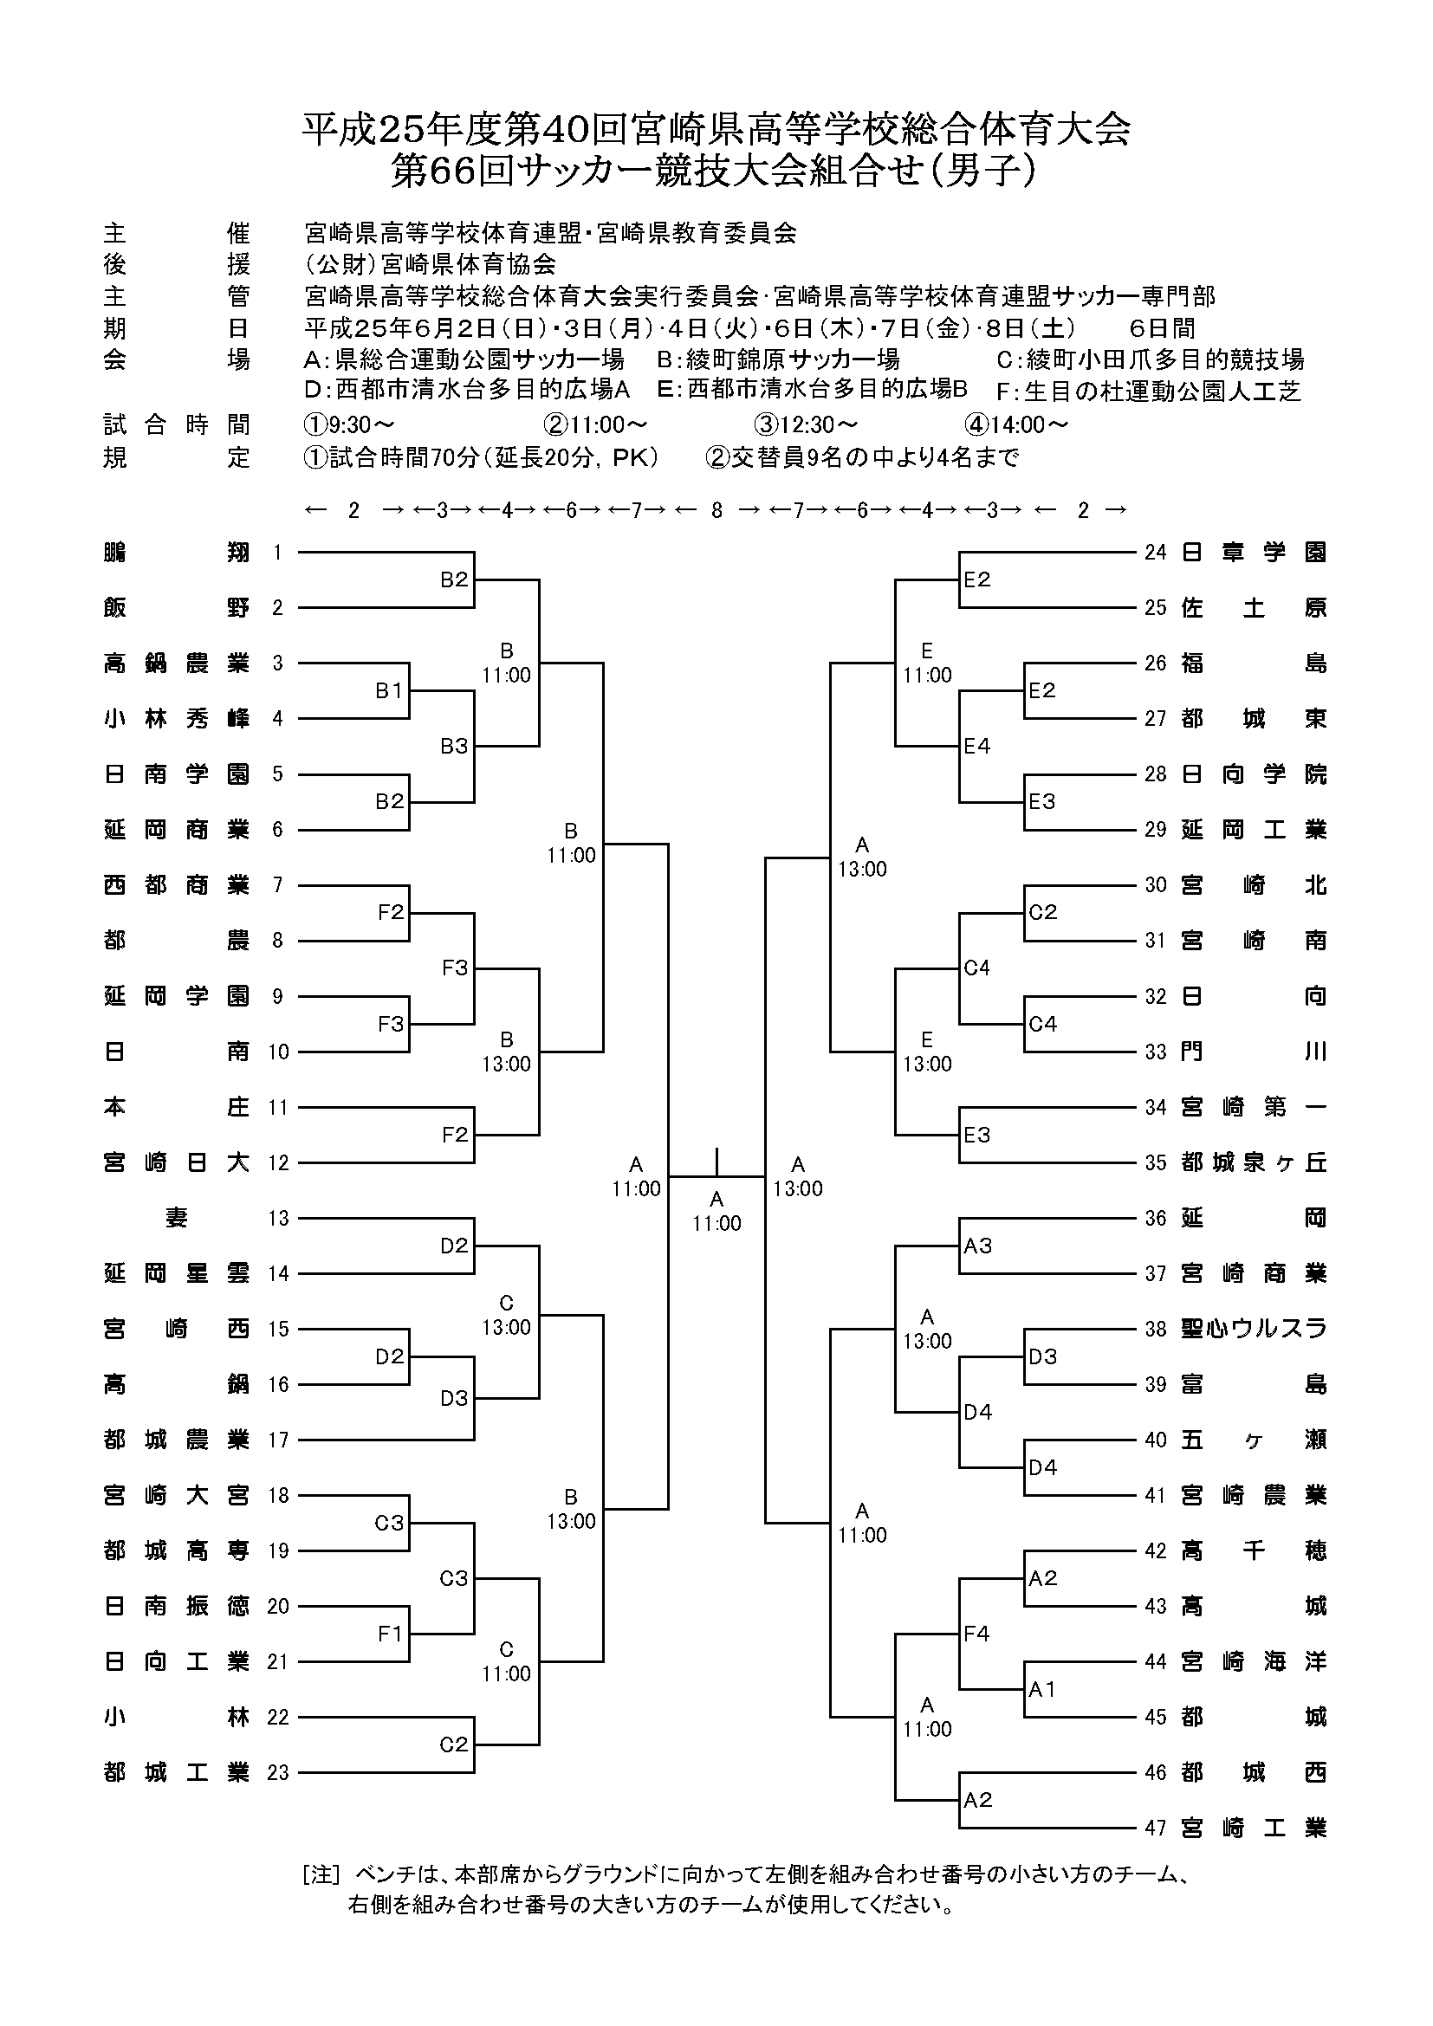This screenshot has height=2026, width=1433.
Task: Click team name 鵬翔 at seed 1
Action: [177, 553]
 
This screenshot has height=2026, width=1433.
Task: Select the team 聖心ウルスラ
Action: [1253, 1329]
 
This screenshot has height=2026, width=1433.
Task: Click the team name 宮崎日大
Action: [177, 1163]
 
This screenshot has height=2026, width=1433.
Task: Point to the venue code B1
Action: [389, 691]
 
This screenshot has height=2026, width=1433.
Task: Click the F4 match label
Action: [976, 1634]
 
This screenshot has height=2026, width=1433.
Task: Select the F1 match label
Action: [389, 1634]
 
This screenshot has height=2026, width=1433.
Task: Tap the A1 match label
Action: [1042, 1689]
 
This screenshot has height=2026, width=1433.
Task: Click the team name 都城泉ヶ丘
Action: [1253, 1163]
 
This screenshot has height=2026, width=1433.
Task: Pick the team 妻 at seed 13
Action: [177, 1219]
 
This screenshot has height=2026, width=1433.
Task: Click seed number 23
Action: [278, 1773]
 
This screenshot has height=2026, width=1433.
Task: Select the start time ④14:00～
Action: [1016, 425]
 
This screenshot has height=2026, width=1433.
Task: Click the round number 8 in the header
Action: [716, 510]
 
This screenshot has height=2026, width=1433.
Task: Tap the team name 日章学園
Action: [1253, 553]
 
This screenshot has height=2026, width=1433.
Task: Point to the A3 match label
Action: [977, 1246]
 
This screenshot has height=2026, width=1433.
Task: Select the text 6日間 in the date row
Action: [1162, 328]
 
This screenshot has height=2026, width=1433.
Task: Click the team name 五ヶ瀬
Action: [1253, 1440]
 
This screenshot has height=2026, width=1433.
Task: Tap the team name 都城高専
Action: [177, 1550]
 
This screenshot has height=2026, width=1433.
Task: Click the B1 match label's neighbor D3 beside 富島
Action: [1042, 1356]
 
